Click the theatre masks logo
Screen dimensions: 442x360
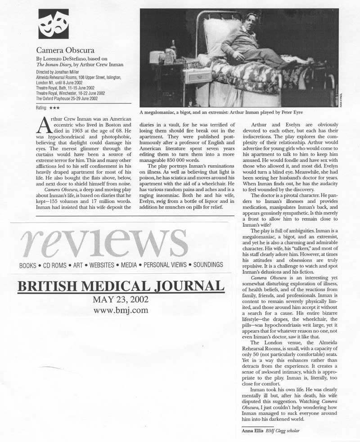click(54, 24)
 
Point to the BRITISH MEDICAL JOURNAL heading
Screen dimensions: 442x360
click(121, 286)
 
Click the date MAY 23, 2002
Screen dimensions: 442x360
click(120, 300)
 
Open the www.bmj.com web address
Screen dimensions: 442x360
click(120, 310)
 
